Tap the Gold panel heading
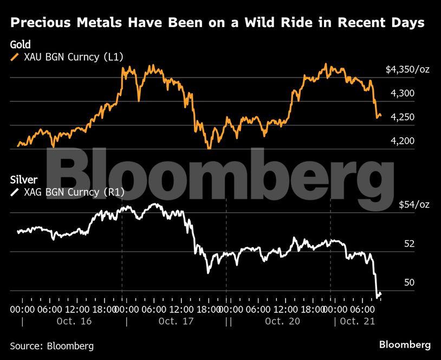point(20,44)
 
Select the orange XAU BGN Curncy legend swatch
point(15,57)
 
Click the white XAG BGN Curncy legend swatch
point(15,192)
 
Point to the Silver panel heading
point(24,179)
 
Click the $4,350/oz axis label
point(407,69)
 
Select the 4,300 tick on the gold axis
point(403,93)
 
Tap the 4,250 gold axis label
point(403,117)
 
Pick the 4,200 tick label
point(403,140)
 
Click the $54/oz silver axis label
point(414,204)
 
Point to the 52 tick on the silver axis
point(409,243)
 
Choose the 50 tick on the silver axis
point(409,282)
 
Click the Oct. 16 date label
point(74,321)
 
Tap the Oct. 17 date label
point(176,321)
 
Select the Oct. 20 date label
point(282,321)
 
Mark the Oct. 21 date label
point(358,321)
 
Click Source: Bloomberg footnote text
point(52,346)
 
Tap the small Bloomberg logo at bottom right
point(405,345)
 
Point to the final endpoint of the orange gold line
point(381,115)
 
